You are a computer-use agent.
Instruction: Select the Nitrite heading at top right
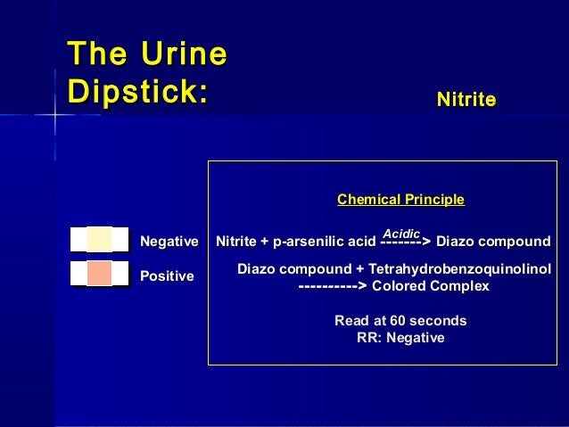pos(466,100)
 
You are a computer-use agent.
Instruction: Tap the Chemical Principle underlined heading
pos(400,200)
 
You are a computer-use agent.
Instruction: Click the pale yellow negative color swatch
pos(99,241)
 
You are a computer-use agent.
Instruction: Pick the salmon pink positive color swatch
pos(99,273)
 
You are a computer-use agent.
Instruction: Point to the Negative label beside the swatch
pos(169,242)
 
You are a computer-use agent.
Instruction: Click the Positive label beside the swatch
pos(167,276)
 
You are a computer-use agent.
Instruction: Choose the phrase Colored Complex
pos(430,286)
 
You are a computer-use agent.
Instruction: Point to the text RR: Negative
pos(400,338)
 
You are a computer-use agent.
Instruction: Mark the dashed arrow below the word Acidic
pos(406,242)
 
